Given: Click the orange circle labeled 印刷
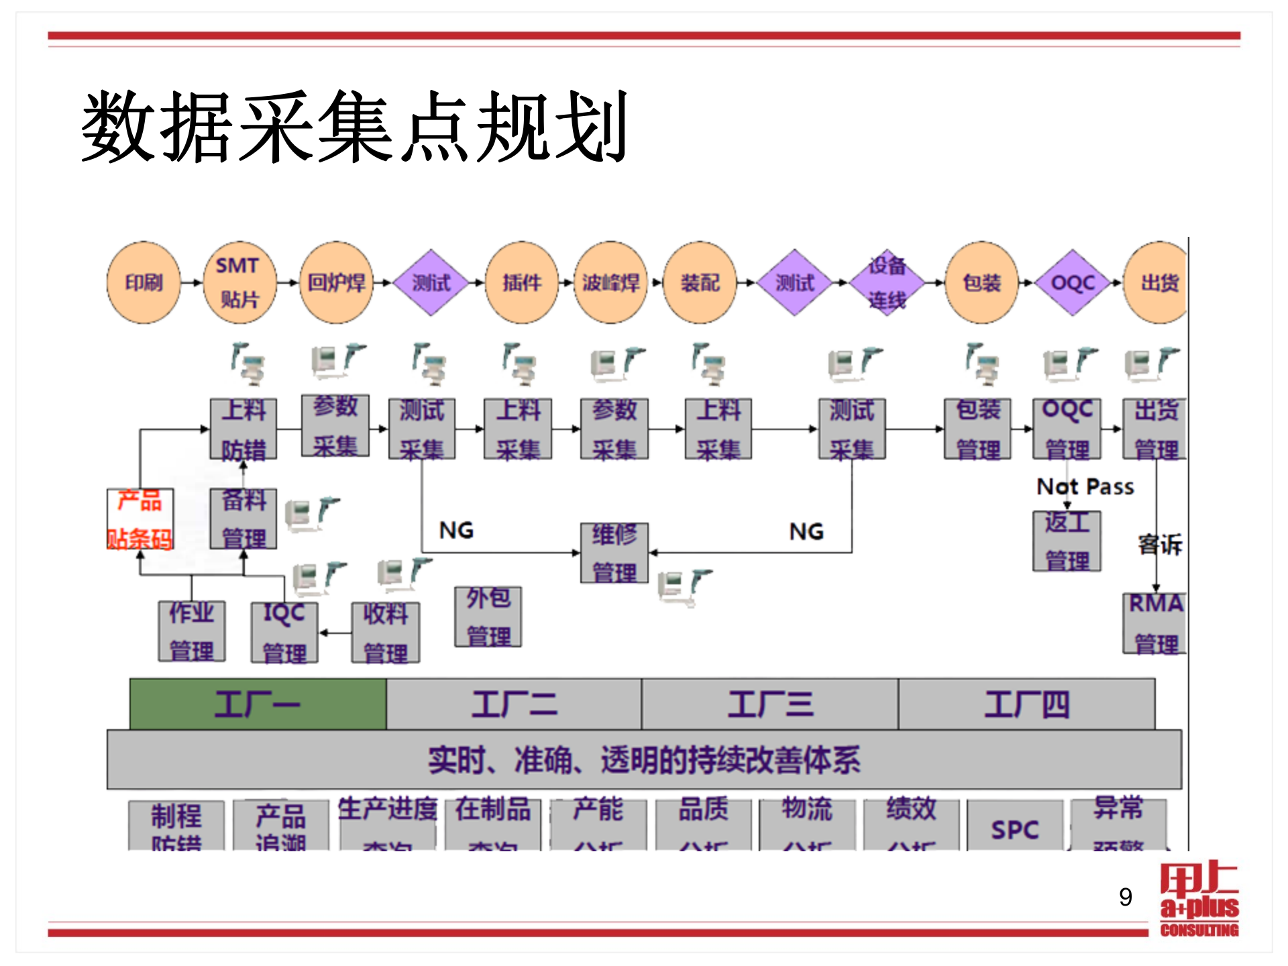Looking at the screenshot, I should [x=144, y=282].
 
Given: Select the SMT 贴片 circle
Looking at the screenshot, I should [x=239, y=282].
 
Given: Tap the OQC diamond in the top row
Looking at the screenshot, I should [x=1072, y=282].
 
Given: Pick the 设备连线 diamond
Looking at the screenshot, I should [x=887, y=282].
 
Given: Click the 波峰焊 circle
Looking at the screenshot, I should [x=610, y=282].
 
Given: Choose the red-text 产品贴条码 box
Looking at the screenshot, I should [x=140, y=519].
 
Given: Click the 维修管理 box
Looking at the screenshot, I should [x=614, y=553].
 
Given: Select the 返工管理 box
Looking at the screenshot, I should [x=1067, y=541].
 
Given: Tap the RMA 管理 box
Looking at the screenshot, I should [x=1155, y=623].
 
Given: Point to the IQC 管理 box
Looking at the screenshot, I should [x=284, y=632].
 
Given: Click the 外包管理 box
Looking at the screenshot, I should [x=488, y=617].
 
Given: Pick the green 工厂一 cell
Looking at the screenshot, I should [x=258, y=704].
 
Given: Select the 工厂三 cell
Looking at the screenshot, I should [x=770, y=704].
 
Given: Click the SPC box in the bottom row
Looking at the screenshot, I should [x=1014, y=829].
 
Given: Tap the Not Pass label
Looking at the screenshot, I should [x=1085, y=486].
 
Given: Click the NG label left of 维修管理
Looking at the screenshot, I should [x=456, y=531].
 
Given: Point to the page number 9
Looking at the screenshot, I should [x=1126, y=897].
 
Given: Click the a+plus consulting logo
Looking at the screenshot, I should [x=1199, y=899].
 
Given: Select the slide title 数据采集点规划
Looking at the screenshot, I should [x=354, y=127].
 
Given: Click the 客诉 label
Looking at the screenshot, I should [x=1160, y=544].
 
